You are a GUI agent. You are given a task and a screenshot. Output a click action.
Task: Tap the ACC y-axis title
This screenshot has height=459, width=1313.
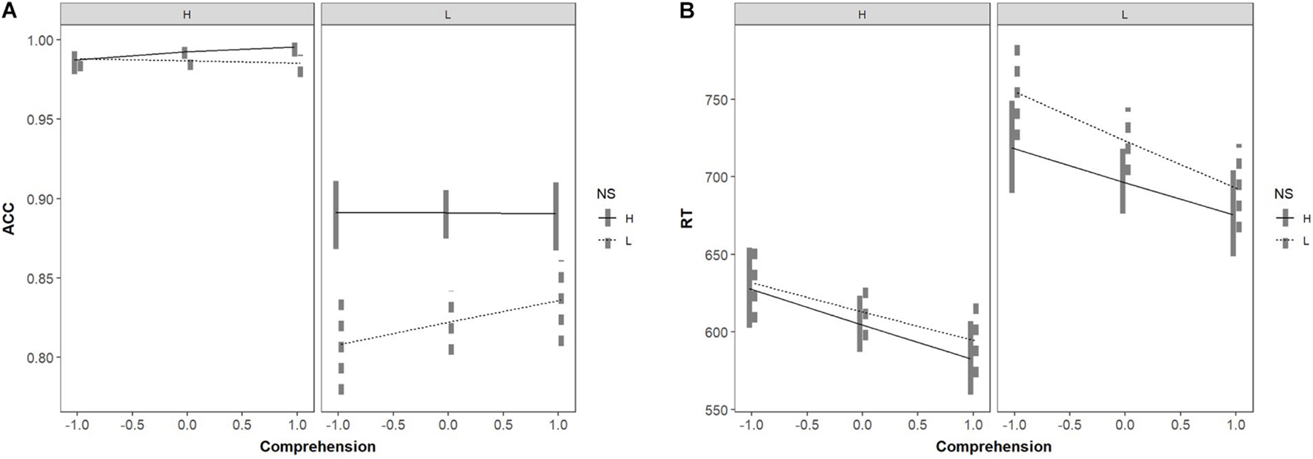pos(9,219)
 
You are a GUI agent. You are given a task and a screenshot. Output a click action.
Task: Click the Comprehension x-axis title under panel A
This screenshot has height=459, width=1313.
pos(317,446)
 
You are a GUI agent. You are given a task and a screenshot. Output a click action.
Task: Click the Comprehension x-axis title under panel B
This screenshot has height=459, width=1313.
pos(993,446)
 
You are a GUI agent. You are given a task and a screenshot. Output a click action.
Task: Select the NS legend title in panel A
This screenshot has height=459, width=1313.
pos(606,194)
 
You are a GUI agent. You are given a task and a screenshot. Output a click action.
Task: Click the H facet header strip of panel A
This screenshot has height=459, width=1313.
pos(187,14)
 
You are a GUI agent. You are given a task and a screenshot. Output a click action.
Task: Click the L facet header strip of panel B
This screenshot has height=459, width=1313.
pos(1124,14)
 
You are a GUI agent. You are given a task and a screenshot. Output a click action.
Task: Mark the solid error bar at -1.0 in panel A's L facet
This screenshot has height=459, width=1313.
pos(336,215)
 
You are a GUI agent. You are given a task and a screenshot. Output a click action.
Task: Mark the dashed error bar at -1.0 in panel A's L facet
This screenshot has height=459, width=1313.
pos(341,346)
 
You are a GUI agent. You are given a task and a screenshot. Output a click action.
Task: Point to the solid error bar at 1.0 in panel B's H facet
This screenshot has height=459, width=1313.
pos(971,358)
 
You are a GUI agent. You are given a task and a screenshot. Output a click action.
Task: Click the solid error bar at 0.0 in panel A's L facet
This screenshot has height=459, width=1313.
pos(446,214)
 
